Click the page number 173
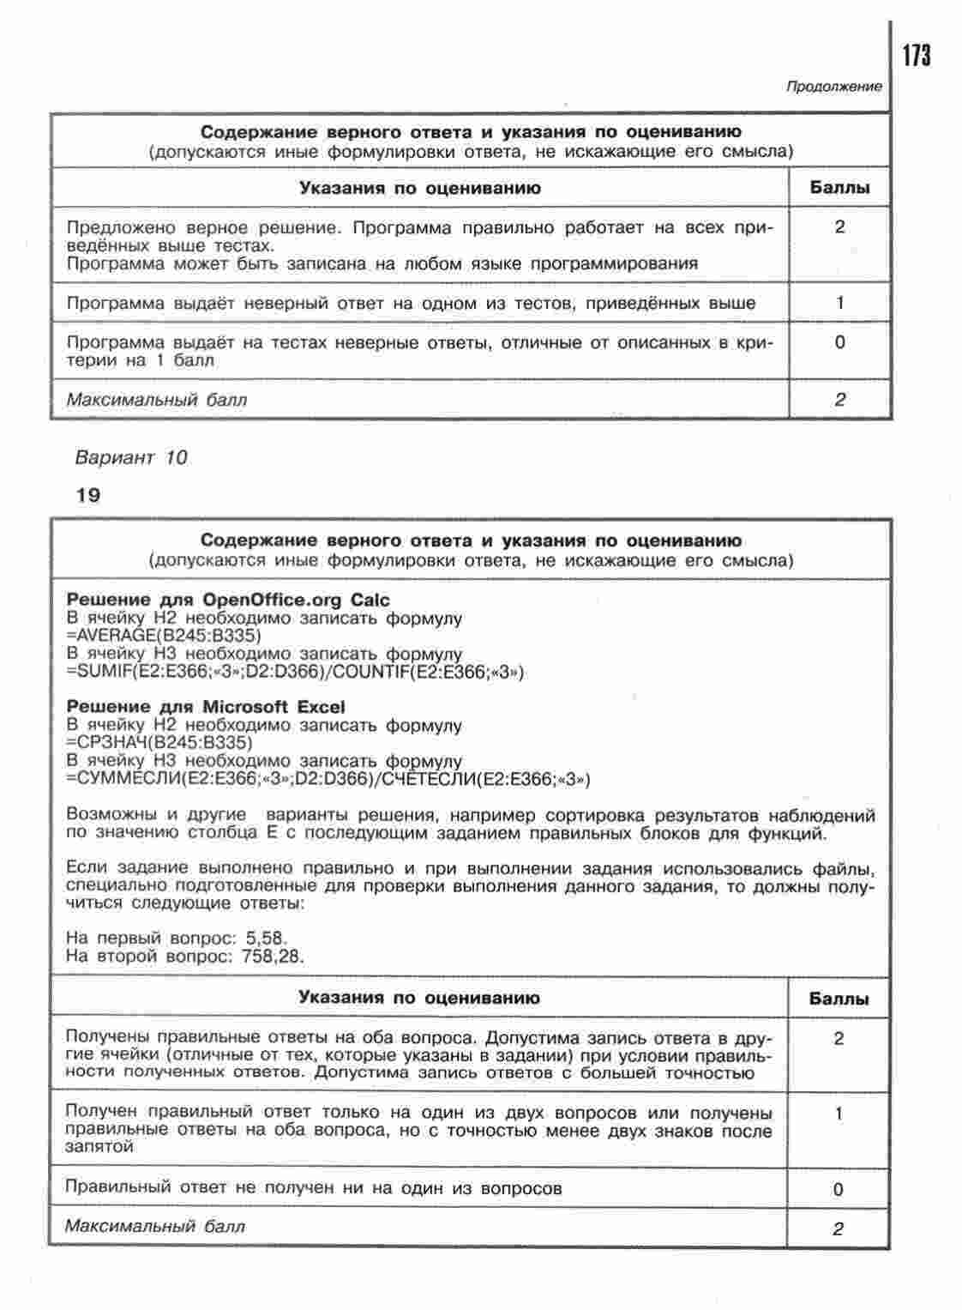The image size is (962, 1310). (916, 56)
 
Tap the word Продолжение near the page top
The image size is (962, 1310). (833, 87)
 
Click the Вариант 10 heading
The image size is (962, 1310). (130, 456)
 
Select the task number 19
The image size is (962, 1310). (87, 495)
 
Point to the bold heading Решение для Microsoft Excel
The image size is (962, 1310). (206, 707)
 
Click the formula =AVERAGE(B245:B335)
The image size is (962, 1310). (163, 636)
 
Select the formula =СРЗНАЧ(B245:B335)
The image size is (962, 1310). (159, 742)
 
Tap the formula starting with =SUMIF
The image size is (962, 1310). (294, 672)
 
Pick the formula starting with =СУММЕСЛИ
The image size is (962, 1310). (328, 779)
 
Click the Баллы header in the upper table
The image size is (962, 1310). (839, 188)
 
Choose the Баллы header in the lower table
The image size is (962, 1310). (839, 999)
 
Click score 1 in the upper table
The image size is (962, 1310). (839, 303)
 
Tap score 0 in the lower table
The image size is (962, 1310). (838, 1189)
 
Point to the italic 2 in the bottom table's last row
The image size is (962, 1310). (838, 1229)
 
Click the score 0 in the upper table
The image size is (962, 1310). (839, 342)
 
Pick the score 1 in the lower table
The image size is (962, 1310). (838, 1114)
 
